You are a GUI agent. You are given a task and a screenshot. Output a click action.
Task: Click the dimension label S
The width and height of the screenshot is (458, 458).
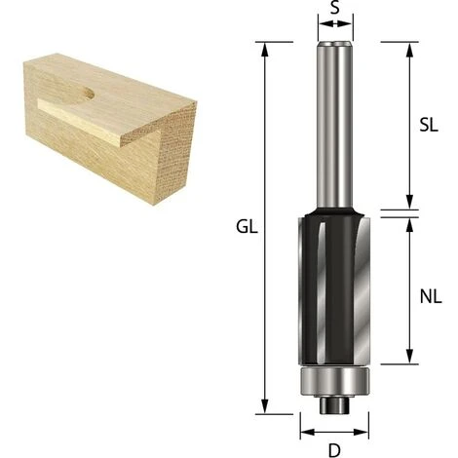335,8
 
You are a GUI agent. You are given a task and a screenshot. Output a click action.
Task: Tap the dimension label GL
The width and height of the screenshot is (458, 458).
247,227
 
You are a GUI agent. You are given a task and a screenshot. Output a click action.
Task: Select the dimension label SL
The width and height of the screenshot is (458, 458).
429,125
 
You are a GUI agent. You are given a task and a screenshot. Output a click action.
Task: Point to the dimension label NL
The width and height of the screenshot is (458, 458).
431,296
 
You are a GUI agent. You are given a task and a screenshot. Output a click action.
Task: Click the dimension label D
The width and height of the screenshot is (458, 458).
334,450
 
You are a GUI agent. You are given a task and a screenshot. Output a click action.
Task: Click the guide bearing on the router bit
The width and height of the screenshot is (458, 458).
334,382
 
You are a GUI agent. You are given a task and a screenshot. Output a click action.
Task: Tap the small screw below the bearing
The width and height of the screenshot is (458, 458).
334,405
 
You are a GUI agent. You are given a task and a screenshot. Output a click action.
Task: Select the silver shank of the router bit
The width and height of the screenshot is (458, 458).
335,125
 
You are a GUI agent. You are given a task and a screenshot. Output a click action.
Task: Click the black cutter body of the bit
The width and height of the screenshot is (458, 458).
334,287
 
